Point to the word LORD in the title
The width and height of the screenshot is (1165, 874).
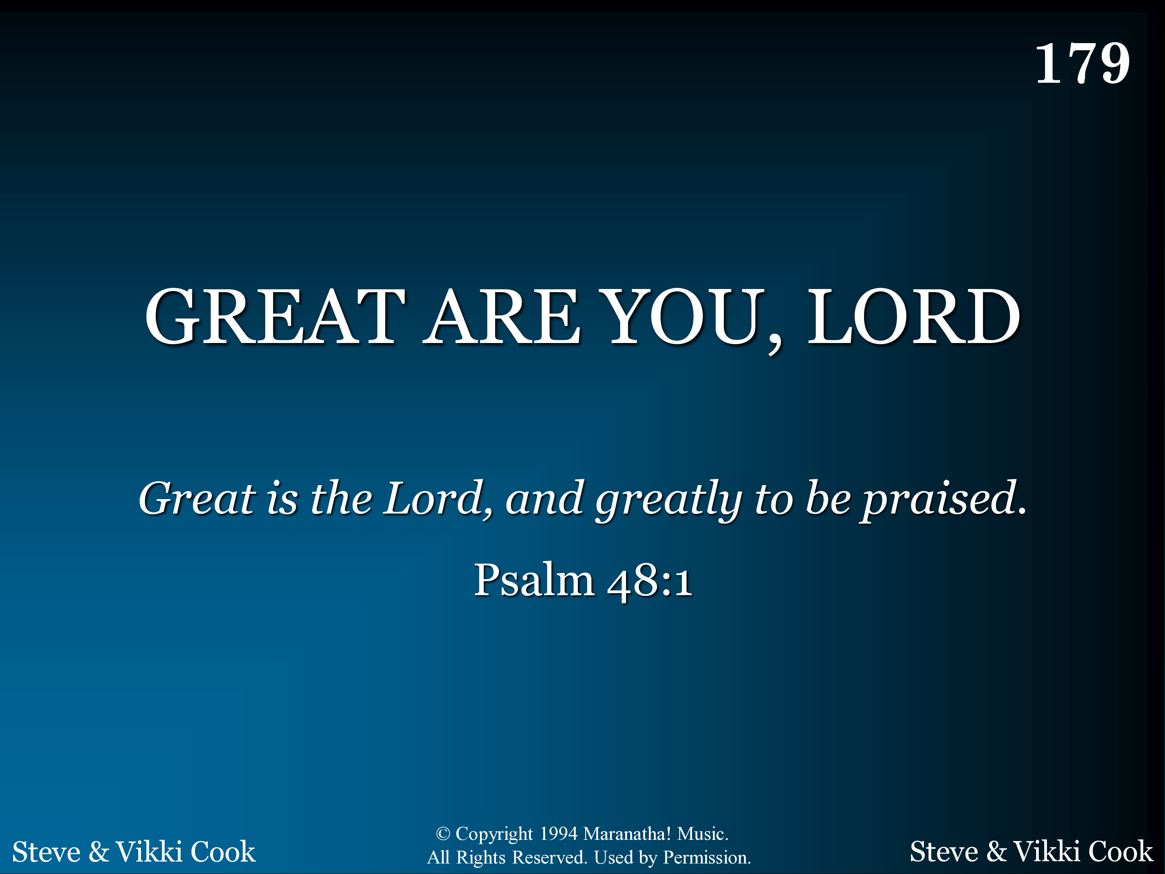pos(914,317)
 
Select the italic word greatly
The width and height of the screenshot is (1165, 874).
pos(669,500)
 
